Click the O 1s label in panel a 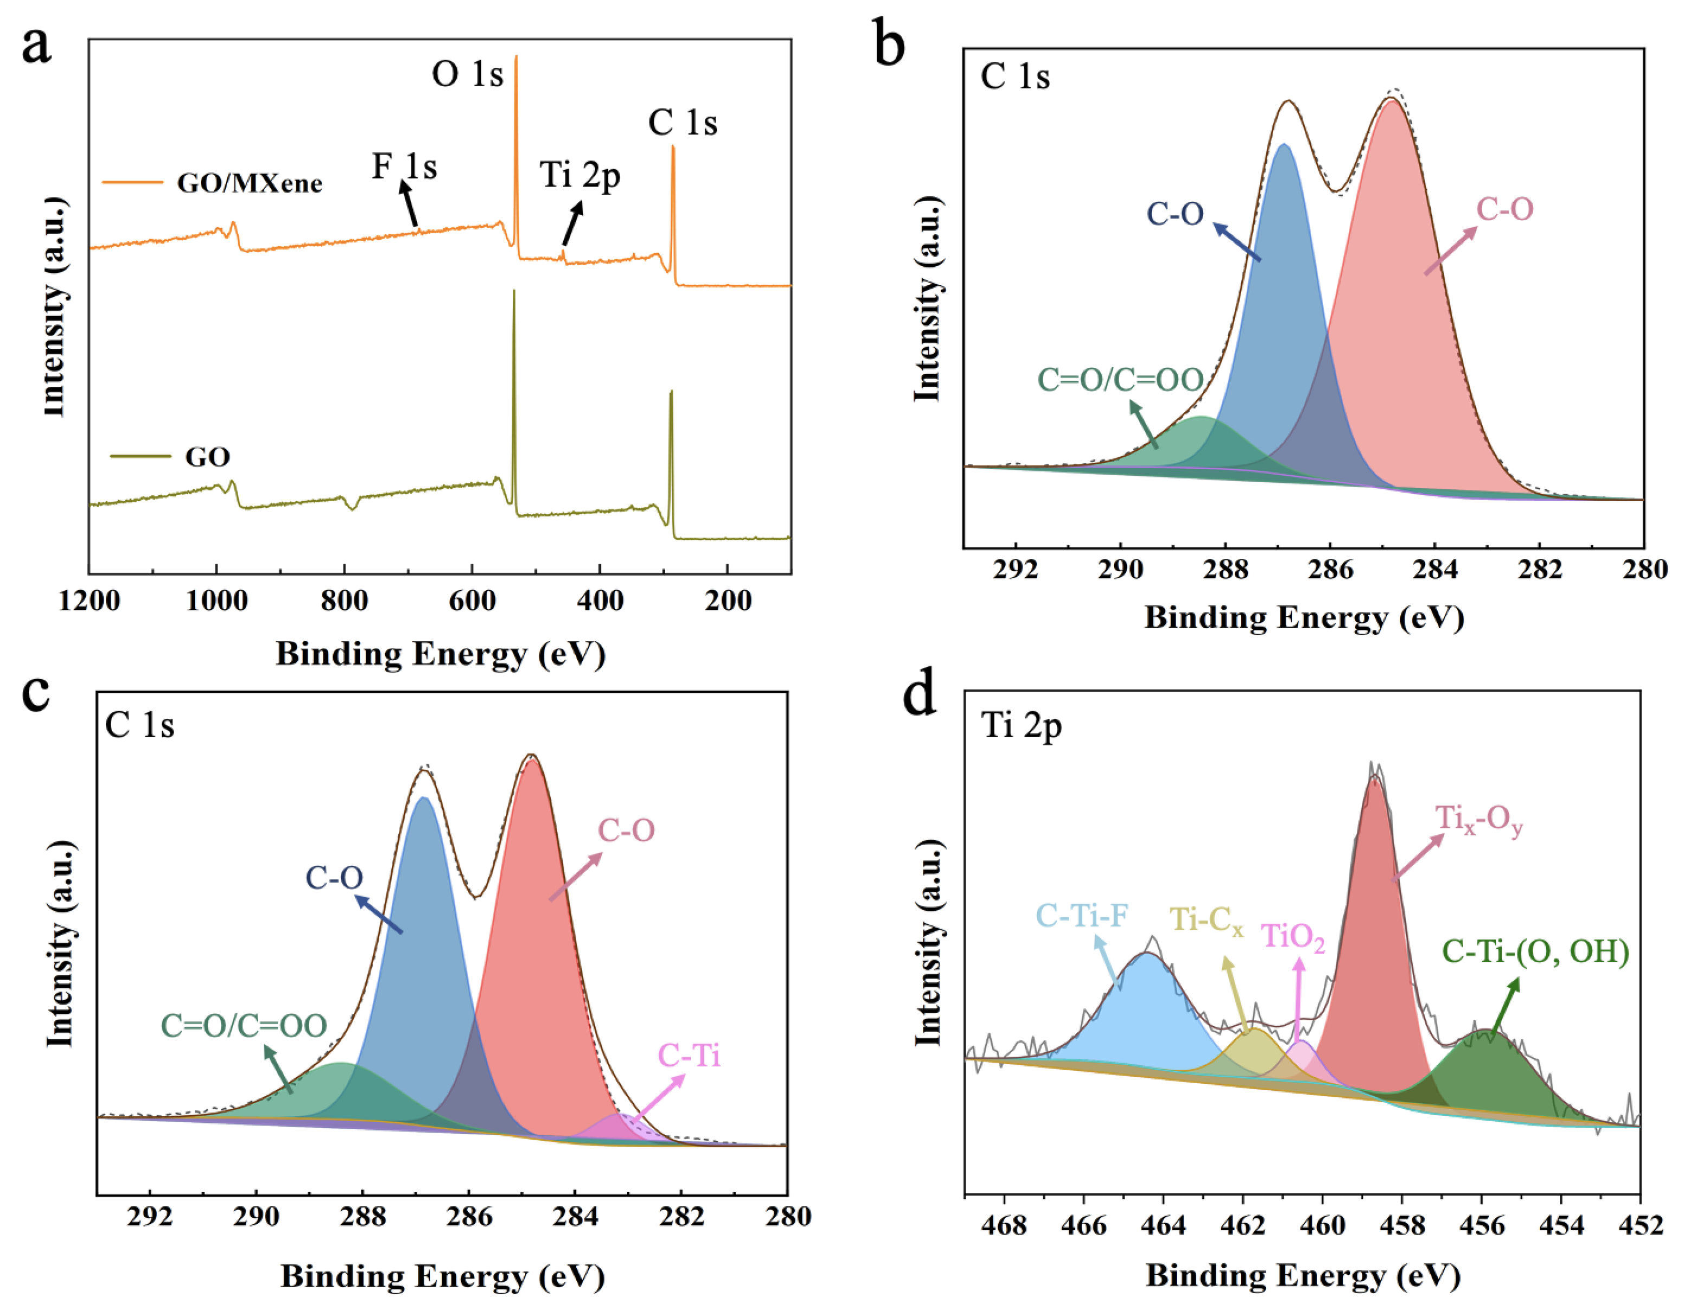[467, 75]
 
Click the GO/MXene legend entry [249, 183]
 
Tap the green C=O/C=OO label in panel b [1120, 379]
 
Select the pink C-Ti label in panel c [689, 1055]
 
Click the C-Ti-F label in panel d [1082, 915]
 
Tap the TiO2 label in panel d [1293, 937]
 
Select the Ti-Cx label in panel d [1206, 920]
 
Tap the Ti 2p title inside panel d [1021, 725]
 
